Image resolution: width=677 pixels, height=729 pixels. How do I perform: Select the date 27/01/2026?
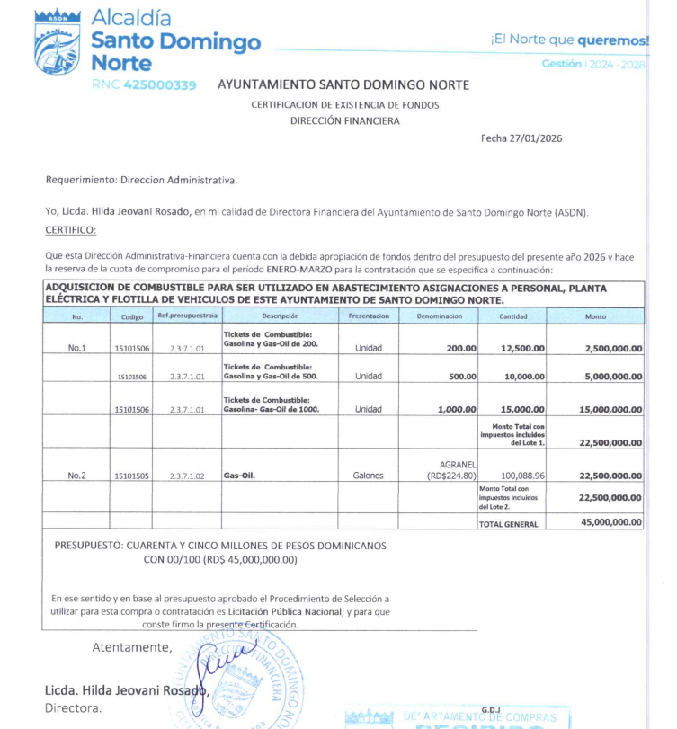pos(536,138)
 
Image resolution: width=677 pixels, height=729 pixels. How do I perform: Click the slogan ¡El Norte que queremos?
pos(569,40)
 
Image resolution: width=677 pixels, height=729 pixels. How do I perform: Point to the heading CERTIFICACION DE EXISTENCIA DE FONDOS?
pos(345,104)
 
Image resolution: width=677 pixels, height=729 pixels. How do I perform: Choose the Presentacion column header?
pos(369,316)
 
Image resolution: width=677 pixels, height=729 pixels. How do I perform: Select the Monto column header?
pos(595,316)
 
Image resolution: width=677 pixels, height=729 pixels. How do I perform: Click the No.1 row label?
pos(77,348)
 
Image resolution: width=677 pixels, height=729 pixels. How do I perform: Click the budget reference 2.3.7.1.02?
pos(188,476)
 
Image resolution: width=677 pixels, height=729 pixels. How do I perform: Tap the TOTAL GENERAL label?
pos(509,523)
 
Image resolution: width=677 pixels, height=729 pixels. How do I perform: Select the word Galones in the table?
pos(369,476)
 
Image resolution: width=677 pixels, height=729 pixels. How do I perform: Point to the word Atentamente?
pos(131,647)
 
